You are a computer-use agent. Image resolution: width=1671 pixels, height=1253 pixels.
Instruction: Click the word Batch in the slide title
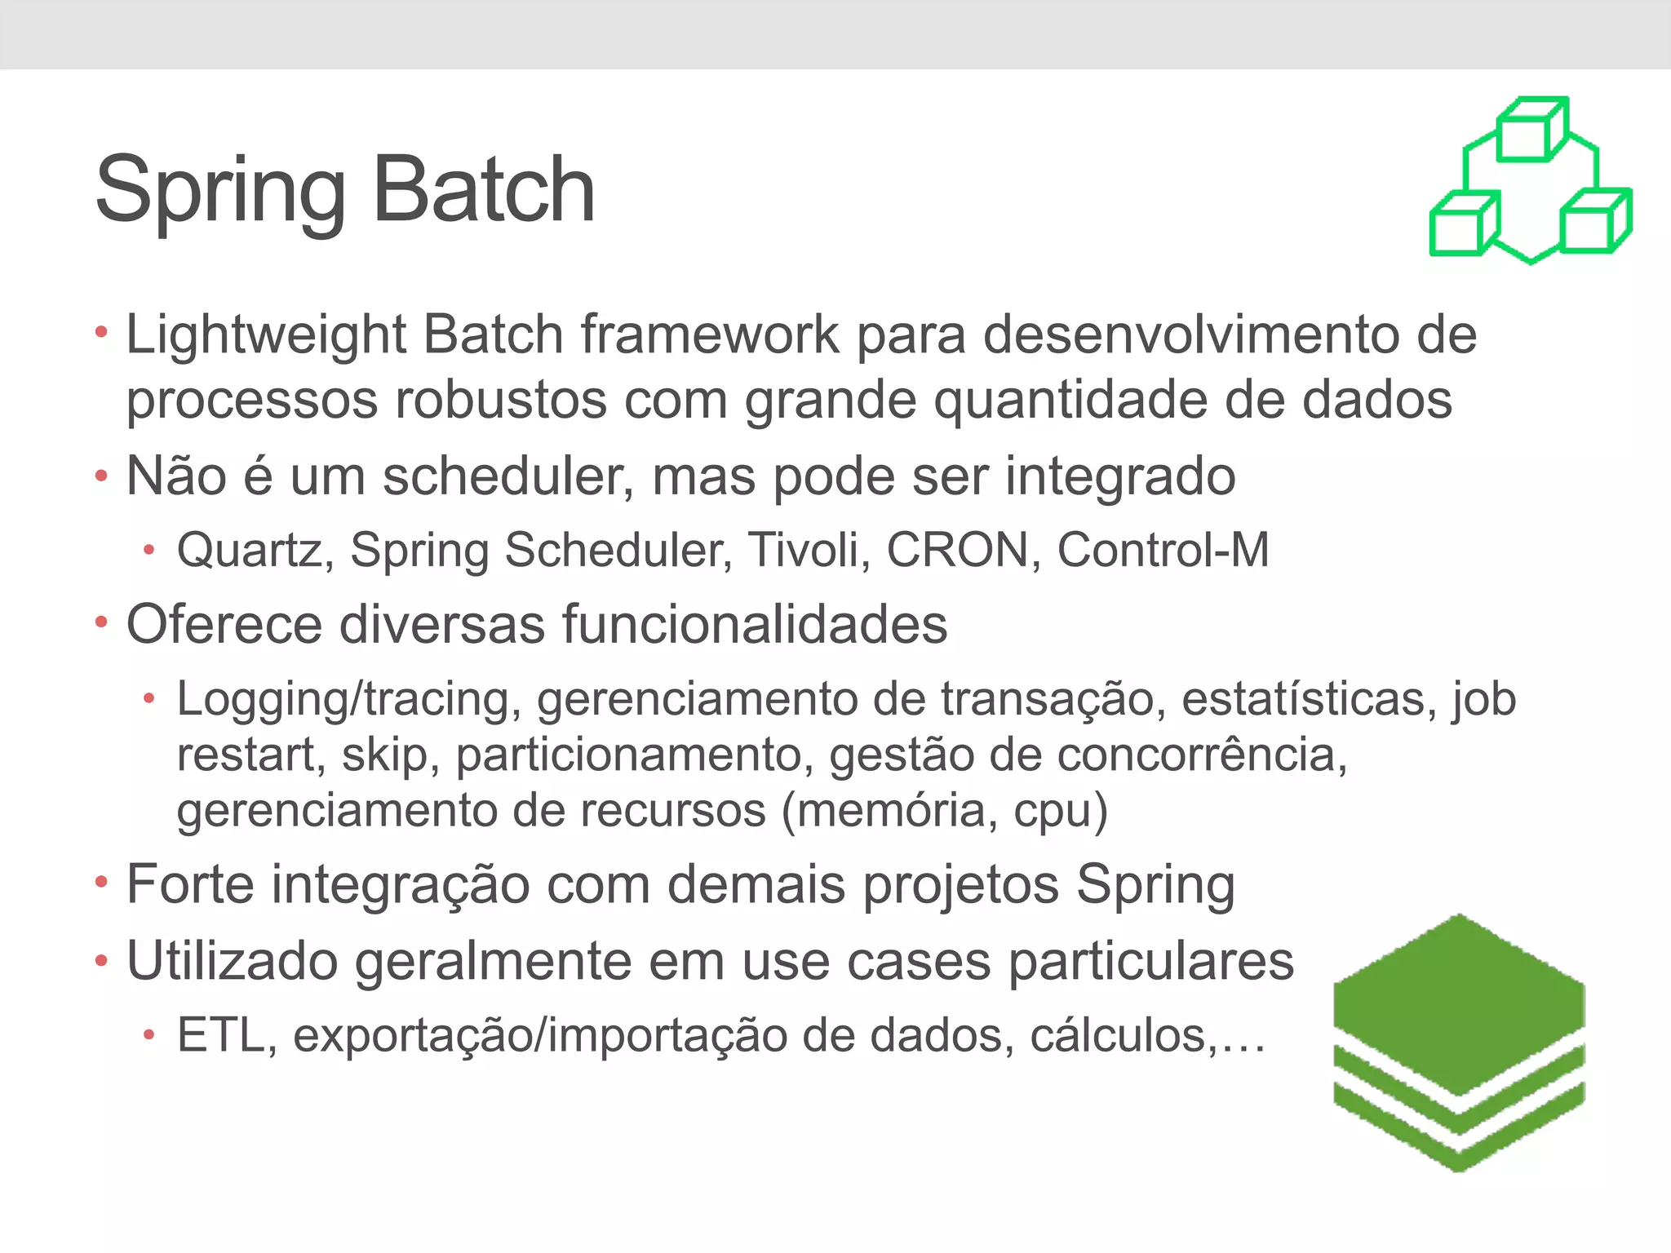484,190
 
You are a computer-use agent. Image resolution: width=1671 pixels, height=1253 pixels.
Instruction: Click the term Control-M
1163,550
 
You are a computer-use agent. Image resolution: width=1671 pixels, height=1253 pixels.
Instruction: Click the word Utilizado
232,961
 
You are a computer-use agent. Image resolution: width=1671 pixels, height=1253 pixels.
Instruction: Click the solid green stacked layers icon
1459,1044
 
